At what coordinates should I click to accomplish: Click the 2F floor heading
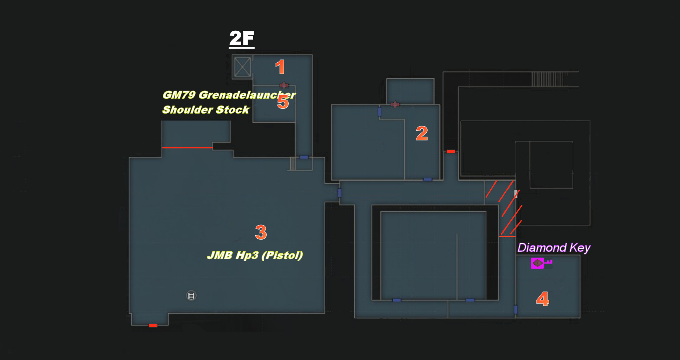242,39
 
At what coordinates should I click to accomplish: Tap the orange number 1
280,67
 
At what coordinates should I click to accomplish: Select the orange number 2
422,133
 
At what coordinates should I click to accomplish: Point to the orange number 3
261,232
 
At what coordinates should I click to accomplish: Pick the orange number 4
542,299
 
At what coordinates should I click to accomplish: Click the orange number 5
283,102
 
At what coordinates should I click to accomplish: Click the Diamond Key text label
554,248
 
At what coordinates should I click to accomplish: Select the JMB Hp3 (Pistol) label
255,255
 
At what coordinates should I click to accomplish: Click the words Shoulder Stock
206,110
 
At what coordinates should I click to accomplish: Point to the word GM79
179,95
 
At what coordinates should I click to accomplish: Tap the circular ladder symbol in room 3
191,296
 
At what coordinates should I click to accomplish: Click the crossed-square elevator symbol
242,67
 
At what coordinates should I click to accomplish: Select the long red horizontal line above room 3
187,148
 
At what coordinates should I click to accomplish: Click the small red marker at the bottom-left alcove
153,325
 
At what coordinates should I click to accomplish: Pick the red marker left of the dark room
451,151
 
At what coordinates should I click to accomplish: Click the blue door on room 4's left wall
516,309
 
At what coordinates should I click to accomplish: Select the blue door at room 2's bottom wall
428,180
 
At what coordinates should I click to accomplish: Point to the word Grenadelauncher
247,95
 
